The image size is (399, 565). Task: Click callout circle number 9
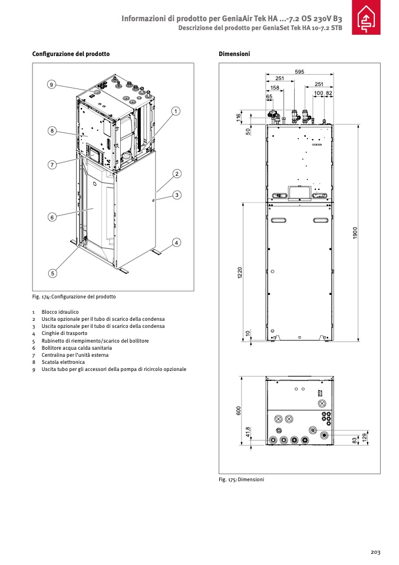click(52, 85)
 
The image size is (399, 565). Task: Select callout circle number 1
click(176, 110)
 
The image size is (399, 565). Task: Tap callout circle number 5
click(52, 273)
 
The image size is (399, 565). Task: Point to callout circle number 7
click(52, 165)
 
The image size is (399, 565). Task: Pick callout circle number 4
click(176, 242)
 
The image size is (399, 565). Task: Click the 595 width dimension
click(300, 72)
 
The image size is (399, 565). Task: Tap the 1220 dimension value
click(240, 274)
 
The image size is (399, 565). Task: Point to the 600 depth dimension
click(239, 410)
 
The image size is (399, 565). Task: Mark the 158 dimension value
click(275, 87)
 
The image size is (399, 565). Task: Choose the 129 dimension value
click(365, 437)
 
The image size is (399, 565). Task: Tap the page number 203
click(375, 552)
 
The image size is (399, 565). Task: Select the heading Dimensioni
click(235, 54)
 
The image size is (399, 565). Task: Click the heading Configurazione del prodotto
click(71, 54)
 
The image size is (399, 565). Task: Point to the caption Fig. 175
click(241, 479)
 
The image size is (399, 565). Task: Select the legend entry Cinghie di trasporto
click(64, 333)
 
